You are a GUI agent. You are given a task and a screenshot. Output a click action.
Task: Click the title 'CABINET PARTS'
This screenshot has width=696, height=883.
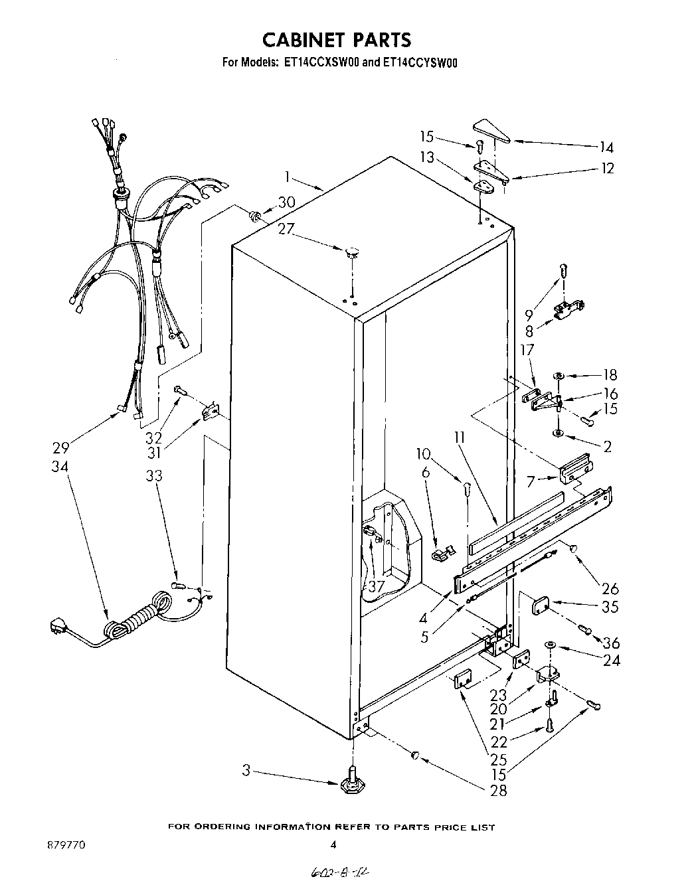337,40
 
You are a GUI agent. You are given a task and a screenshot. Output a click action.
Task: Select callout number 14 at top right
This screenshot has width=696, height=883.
606,147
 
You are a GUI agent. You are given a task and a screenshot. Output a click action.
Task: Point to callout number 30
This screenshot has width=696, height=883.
286,202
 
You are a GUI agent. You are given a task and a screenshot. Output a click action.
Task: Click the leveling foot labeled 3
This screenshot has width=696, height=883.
349,784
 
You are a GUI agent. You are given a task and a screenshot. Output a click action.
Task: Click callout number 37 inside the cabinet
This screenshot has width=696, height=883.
376,586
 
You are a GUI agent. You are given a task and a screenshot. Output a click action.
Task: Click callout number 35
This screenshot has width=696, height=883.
608,607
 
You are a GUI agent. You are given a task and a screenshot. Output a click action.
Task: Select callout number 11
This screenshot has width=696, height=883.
459,438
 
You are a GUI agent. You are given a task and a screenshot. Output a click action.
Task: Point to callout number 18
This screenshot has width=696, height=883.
609,374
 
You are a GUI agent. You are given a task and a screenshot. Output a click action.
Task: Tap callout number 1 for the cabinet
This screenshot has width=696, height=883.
288,177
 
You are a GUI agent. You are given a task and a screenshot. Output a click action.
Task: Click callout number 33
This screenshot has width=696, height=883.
154,476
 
